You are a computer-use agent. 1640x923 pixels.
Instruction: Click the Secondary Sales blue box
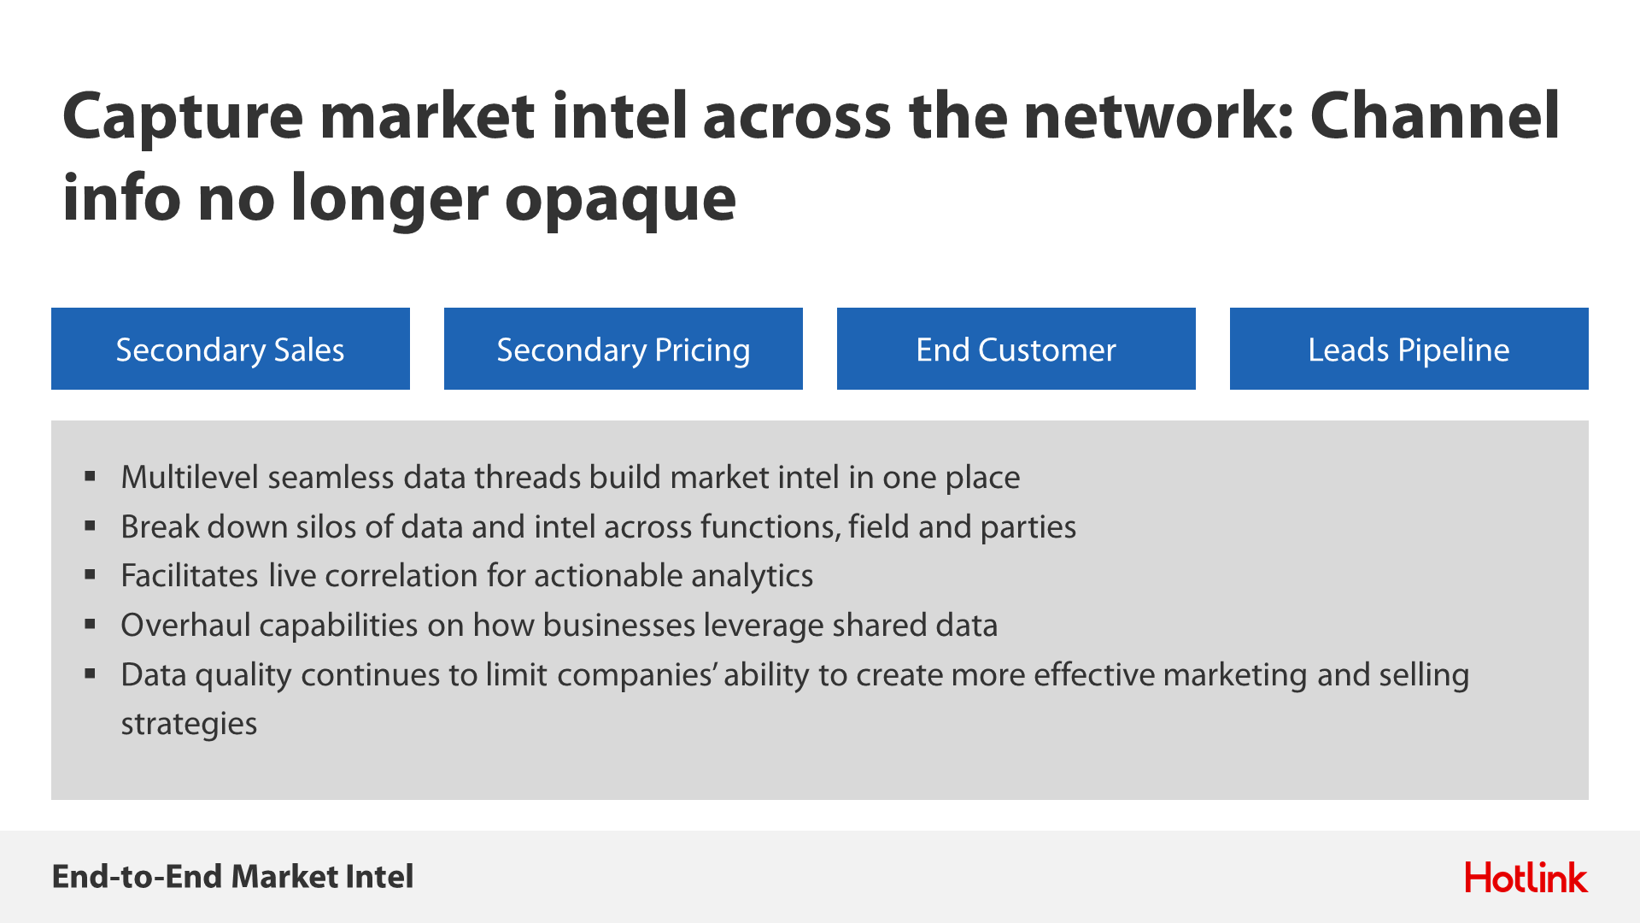pyautogui.click(x=231, y=349)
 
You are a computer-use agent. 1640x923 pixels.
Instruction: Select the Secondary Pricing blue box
pyautogui.click(x=624, y=349)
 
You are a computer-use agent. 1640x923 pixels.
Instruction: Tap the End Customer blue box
pyautogui.click(x=1016, y=349)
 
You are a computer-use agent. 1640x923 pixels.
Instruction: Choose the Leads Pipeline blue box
pyautogui.click(x=1409, y=349)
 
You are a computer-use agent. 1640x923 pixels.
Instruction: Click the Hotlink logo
pyautogui.click(x=1526, y=878)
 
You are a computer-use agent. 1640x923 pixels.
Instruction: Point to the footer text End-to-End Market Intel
pyautogui.click(x=232, y=877)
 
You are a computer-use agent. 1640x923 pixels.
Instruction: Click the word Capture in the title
pyautogui.click(x=183, y=118)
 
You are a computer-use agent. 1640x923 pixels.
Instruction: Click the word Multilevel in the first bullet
pyautogui.click(x=190, y=477)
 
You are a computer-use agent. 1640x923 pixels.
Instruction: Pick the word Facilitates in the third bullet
pyautogui.click(x=190, y=576)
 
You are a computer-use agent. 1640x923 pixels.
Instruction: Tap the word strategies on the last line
pyautogui.click(x=189, y=725)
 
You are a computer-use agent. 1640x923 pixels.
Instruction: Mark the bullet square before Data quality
pyautogui.click(x=90, y=673)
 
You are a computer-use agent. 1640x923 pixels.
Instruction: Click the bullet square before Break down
pyautogui.click(x=90, y=526)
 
